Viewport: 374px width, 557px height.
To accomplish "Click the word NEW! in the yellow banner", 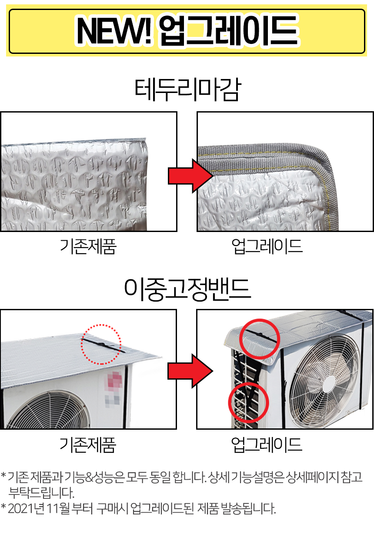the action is point(114,31).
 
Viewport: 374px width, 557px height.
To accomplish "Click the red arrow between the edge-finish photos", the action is point(190,176).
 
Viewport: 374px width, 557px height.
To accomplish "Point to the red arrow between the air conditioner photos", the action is point(190,371).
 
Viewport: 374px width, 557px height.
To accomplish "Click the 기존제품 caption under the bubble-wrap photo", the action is point(88,246).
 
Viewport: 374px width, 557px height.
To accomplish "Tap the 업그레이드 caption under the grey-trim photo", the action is point(267,246).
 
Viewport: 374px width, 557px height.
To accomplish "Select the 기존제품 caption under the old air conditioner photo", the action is point(88,444).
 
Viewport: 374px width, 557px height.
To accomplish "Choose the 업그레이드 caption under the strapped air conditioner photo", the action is point(267,444).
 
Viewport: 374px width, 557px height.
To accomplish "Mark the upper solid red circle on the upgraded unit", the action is point(240,339).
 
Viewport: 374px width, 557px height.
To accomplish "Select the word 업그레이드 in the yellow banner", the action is point(229,31).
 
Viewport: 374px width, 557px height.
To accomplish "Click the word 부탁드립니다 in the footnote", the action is point(41,493).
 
